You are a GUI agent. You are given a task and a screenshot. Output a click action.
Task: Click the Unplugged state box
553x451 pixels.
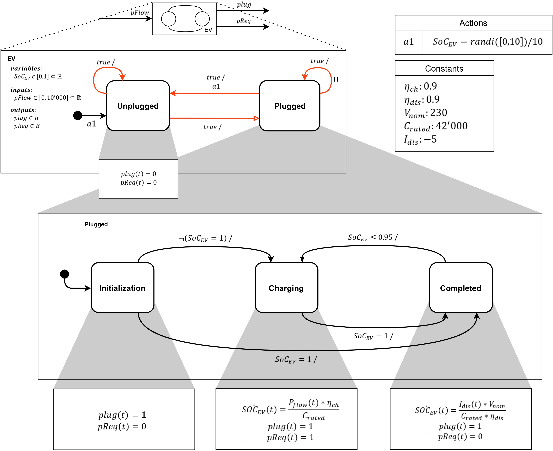tap(138, 106)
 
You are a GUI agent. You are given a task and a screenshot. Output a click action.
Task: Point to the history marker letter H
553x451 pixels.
tap(336, 79)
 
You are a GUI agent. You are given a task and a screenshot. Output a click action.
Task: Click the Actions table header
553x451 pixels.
tap(473, 23)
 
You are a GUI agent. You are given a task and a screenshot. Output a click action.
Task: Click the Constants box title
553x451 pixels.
tap(444, 69)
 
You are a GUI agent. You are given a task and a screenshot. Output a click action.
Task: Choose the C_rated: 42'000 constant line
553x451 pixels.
tap(435, 126)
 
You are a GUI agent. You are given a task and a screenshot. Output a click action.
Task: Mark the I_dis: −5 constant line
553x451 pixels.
tap(420, 140)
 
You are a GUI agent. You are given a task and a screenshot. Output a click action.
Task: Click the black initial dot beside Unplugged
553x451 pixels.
tap(78, 115)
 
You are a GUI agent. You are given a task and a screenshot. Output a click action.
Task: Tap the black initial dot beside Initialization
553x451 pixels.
tap(64, 274)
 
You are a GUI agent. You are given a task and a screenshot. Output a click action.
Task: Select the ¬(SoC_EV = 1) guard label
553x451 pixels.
tap(205, 238)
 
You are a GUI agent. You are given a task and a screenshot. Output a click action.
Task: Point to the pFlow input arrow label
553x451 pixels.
tap(139, 13)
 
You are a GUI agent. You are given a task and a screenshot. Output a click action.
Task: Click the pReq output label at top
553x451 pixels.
tap(243, 21)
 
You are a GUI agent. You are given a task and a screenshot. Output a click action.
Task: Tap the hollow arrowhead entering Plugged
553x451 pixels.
tap(256, 118)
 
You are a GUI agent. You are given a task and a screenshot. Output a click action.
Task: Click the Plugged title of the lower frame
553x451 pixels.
tap(96, 224)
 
